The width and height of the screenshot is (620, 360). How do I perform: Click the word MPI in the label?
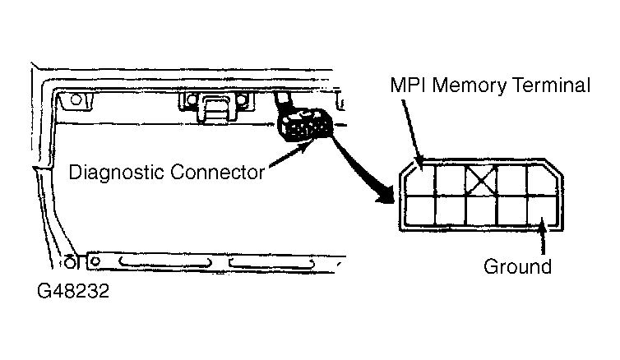click(x=408, y=85)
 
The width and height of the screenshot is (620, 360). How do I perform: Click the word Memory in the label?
click(x=469, y=86)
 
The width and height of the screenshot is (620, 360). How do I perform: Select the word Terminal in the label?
click(x=551, y=85)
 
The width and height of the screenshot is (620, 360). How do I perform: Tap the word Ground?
click(x=517, y=266)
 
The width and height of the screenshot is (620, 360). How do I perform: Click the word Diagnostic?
click(x=117, y=173)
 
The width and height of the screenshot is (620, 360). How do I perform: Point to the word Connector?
click(x=217, y=173)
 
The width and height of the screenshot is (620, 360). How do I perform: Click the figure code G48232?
click(x=73, y=291)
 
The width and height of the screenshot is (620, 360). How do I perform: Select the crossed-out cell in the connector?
click(x=481, y=180)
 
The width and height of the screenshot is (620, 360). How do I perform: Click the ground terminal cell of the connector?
click(x=543, y=210)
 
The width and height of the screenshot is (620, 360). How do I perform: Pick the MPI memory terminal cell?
click(x=421, y=180)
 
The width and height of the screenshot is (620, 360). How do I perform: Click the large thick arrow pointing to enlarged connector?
click(x=361, y=168)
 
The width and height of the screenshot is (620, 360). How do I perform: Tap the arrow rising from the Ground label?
click(x=544, y=237)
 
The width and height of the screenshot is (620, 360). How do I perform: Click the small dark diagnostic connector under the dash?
click(x=303, y=124)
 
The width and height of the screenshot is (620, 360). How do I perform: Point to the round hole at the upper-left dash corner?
click(x=76, y=99)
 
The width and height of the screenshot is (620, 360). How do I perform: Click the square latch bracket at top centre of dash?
click(x=216, y=108)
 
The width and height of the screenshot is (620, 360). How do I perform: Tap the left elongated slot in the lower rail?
click(x=165, y=262)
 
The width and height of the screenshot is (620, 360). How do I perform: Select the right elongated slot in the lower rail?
click(x=272, y=263)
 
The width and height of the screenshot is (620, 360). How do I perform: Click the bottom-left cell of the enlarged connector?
click(x=421, y=210)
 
